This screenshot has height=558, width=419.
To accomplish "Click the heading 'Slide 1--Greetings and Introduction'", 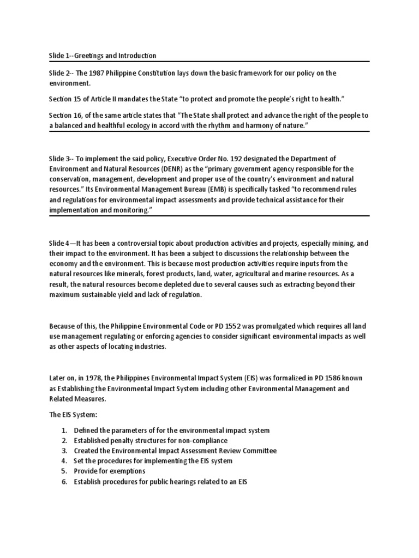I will point(102,56).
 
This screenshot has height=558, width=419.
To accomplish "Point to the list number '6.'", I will point(64,482).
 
